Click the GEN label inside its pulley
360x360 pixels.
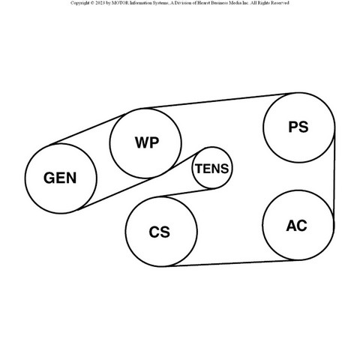[x=60, y=178]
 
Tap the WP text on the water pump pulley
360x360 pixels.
[x=147, y=142]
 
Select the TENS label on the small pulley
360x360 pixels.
[x=212, y=169]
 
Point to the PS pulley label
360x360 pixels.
[x=298, y=127]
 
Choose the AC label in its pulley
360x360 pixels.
[x=296, y=226]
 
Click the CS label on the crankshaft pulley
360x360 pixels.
[x=160, y=232]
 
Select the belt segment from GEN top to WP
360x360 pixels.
[x=88, y=129]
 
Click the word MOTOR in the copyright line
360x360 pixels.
[x=120, y=3]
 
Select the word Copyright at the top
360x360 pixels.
[x=80, y=3]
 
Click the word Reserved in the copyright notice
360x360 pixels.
[x=280, y=3]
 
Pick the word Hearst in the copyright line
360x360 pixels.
[x=203, y=3]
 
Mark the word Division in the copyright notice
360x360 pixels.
[x=181, y=3]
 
